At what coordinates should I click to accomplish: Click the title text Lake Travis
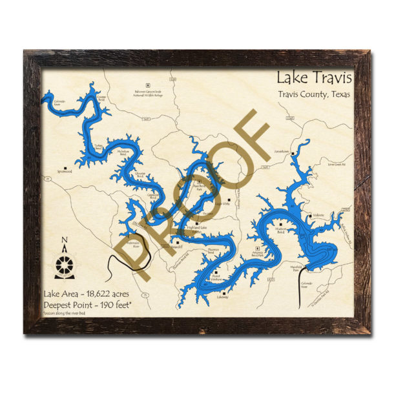pos(314,78)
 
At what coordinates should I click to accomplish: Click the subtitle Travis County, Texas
pos(315,96)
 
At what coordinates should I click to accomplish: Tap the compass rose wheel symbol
pos(65,265)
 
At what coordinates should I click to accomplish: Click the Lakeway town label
pos(223,296)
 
